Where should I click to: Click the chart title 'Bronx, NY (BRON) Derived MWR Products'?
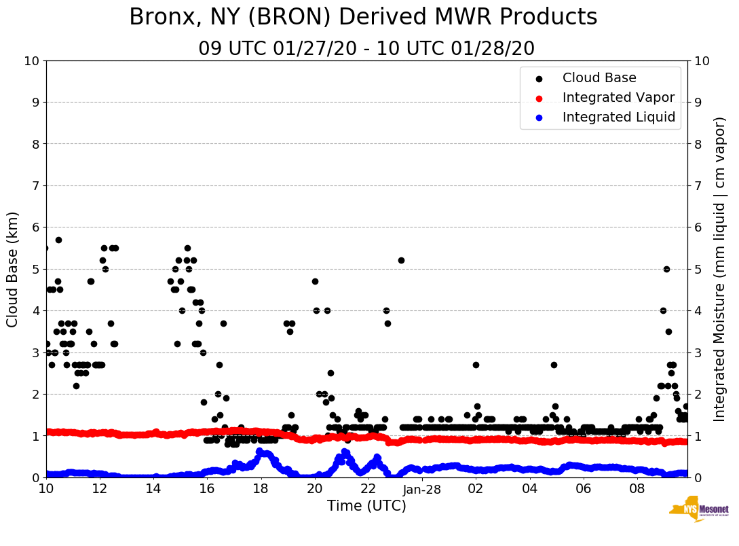click(x=363, y=17)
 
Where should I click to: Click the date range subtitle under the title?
click(x=366, y=49)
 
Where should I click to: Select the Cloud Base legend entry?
click(x=599, y=78)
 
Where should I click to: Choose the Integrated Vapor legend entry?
click(x=618, y=98)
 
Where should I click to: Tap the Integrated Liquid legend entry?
click(x=618, y=117)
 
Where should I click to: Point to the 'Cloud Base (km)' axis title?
click(x=13, y=269)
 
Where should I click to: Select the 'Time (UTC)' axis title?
click(x=366, y=506)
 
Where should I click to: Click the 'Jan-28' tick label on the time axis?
click(x=422, y=489)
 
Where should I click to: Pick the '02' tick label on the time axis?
click(x=476, y=489)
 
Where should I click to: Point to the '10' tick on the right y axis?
click(x=702, y=60)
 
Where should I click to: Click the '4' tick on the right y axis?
click(x=698, y=310)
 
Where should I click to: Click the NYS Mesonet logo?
click(x=698, y=511)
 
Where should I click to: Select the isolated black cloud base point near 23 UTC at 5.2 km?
click(x=401, y=260)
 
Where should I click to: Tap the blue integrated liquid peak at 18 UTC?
click(x=260, y=451)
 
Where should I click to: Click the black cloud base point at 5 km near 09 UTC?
click(x=666, y=269)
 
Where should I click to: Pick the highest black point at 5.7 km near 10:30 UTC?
click(x=58, y=240)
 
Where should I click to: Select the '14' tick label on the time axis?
click(x=153, y=489)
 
